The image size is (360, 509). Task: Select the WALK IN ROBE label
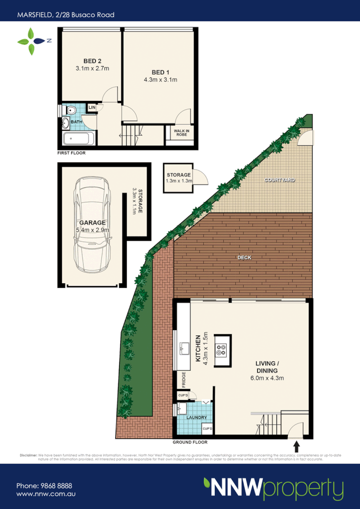[x=181, y=133]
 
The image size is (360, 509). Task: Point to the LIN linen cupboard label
[x=91, y=107]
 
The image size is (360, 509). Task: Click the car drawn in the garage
[x=91, y=224]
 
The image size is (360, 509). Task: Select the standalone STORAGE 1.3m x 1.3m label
[x=179, y=178]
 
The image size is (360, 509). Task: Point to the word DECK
[x=244, y=257]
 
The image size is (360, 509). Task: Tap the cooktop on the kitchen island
[x=221, y=350]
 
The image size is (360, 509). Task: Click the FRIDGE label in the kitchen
[x=183, y=380]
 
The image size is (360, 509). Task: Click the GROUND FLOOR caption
[x=190, y=442]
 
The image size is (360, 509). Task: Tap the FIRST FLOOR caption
[x=72, y=153]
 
